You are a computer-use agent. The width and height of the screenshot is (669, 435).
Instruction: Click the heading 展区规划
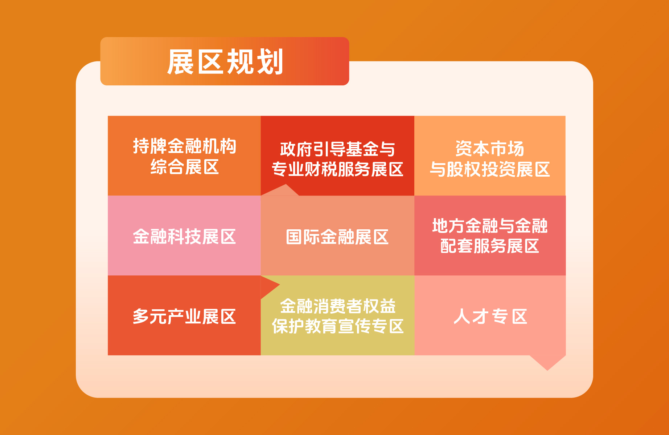tap(225, 62)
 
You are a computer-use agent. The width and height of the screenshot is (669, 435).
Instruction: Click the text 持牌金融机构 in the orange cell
tap(185, 146)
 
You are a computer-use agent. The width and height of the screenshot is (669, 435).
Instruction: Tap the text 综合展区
tap(185, 167)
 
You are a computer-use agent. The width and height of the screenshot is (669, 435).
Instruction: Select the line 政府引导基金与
tap(337, 149)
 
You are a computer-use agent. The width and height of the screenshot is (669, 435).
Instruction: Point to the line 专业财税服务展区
tap(337, 169)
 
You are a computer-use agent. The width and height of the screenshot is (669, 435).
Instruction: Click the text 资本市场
tap(490, 149)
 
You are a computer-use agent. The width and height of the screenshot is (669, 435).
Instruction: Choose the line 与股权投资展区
tap(490, 169)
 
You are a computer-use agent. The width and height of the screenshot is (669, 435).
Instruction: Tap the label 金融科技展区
tap(184, 237)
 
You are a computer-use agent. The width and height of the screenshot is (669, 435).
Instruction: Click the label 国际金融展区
tap(337, 237)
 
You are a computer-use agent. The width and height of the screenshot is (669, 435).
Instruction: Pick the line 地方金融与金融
tap(490, 226)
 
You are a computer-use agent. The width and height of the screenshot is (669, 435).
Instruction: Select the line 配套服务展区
tap(490, 246)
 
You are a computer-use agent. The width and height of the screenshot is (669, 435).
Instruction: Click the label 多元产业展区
tap(184, 317)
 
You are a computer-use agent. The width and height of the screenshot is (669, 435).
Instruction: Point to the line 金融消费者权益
tap(337, 306)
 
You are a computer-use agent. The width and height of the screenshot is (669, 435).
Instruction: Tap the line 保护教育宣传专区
tap(337, 326)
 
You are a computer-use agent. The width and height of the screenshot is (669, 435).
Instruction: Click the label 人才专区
tap(490, 317)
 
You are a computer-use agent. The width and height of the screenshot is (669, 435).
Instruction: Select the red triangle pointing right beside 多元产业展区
tap(268, 286)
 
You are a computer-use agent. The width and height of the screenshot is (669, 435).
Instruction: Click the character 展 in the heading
tap(181, 62)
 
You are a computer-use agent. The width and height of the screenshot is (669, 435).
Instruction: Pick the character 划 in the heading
tap(270, 62)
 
